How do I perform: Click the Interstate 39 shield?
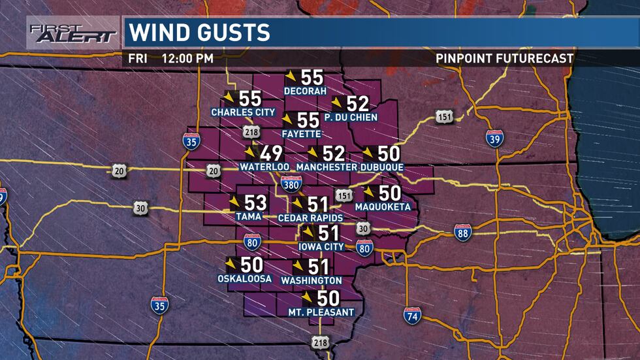click(495, 139)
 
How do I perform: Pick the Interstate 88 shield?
click(463, 233)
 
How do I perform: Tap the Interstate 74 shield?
click(412, 316)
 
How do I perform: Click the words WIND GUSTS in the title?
click(199, 32)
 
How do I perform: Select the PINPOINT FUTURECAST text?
click(505, 58)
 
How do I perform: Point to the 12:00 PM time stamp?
click(189, 58)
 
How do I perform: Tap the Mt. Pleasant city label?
click(321, 312)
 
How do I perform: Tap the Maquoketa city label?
click(383, 207)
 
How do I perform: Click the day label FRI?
click(137, 58)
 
